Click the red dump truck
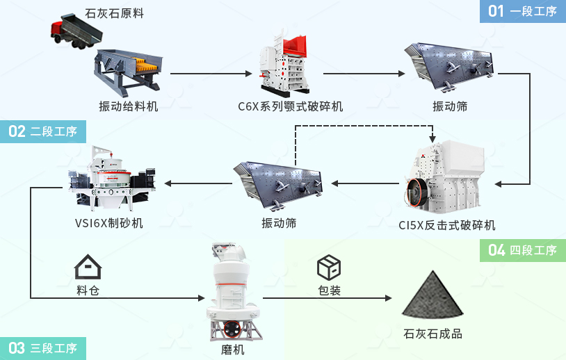(x=72, y=32)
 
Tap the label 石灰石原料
(x=114, y=13)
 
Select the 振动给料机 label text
(x=129, y=106)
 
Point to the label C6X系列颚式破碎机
(x=290, y=106)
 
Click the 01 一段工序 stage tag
(x=522, y=10)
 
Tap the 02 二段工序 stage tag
(x=43, y=132)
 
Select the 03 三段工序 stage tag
(x=43, y=348)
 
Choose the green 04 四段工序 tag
(x=523, y=250)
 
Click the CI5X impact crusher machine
(x=445, y=177)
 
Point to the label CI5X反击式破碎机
(x=447, y=224)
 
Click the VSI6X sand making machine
(x=111, y=178)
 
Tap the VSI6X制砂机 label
(x=109, y=223)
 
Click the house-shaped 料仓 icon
(x=88, y=267)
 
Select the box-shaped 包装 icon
(x=329, y=266)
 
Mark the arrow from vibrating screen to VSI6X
(x=198, y=184)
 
